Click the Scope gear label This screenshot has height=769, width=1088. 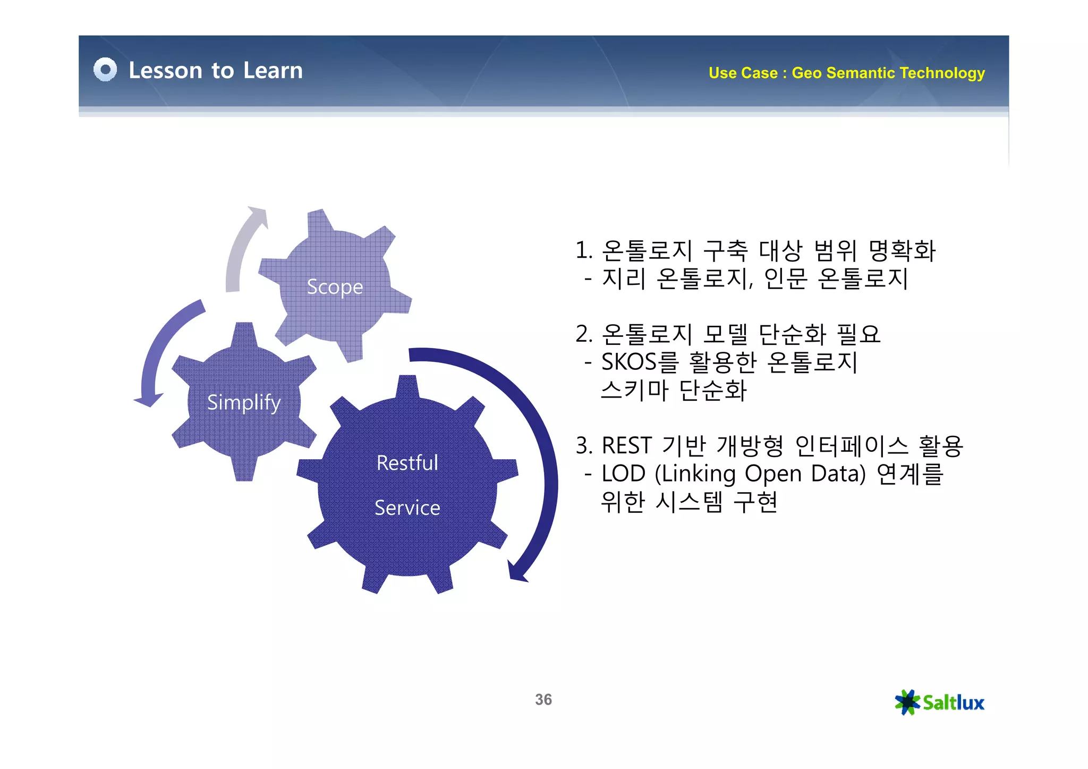tap(335, 287)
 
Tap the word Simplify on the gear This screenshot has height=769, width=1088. tap(244, 402)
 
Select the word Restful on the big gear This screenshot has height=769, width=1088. tap(407, 463)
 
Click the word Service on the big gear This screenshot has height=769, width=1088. tap(407, 508)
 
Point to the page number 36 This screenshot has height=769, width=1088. tap(543, 699)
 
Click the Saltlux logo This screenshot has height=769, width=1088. tap(939, 703)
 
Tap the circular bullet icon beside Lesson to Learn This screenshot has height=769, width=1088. tap(105, 70)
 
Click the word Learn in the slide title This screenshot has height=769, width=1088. tap(273, 70)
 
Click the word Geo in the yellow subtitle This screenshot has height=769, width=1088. tap(807, 73)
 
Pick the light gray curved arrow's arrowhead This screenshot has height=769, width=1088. tap(258, 215)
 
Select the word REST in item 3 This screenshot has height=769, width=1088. tap(626, 445)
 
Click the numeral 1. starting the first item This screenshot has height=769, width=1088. tap(584, 250)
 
